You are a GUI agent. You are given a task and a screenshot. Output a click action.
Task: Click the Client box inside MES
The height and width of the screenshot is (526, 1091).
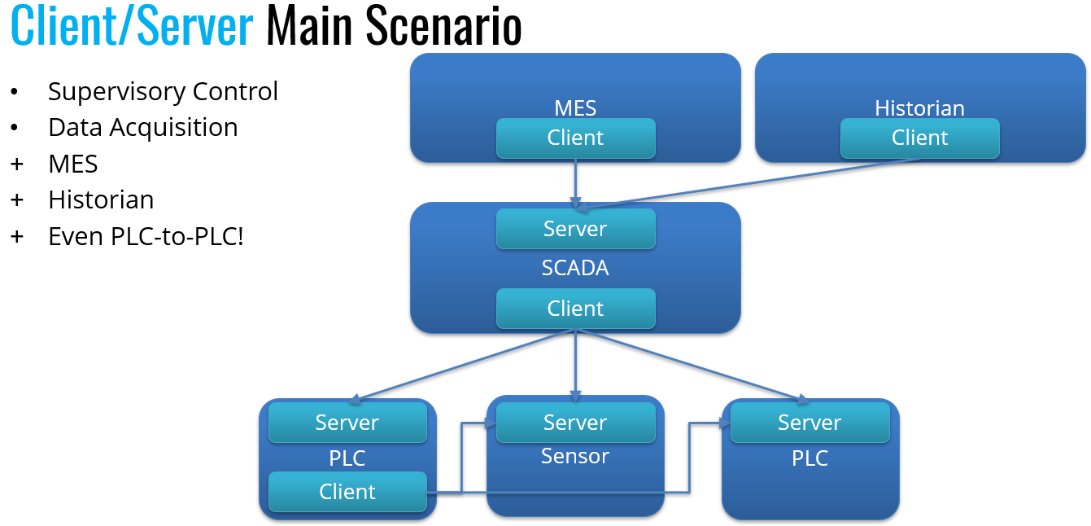tap(575, 138)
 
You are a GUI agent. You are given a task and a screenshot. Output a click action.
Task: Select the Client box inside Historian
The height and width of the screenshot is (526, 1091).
tap(919, 138)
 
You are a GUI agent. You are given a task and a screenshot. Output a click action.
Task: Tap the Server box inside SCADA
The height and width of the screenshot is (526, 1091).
tap(575, 229)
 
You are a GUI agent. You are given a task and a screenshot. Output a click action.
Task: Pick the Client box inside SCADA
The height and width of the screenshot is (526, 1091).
tap(575, 309)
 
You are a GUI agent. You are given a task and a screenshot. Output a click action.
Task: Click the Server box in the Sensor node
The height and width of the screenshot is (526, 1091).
tap(575, 423)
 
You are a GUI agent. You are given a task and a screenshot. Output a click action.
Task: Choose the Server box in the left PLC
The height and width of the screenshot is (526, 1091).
tap(347, 423)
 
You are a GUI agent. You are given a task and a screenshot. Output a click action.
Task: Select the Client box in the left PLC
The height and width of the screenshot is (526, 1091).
tap(347, 492)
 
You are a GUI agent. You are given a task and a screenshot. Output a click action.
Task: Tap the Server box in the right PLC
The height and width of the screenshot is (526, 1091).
tap(810, 423)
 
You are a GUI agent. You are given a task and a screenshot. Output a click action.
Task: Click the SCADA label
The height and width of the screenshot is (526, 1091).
tap(575, 268)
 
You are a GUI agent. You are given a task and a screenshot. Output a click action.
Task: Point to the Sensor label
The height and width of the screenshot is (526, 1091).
tap(575, 456)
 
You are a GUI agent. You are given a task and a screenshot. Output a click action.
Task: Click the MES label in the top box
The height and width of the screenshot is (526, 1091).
tap(575, 108)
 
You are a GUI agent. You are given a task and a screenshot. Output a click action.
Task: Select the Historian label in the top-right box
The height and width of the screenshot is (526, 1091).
tap(919, 108)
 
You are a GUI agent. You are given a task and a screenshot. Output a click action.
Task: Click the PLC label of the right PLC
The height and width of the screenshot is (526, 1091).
tap(810, 458)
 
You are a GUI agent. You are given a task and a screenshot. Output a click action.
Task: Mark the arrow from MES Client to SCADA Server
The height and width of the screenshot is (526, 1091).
tap(575, 182)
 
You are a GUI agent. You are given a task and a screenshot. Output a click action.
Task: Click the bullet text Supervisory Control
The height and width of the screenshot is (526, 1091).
tap(163, 91)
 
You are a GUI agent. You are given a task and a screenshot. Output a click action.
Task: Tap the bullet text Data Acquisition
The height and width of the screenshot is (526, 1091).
tap(143, 128)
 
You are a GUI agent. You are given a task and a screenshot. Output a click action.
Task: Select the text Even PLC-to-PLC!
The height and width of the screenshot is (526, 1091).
tap(146, 237)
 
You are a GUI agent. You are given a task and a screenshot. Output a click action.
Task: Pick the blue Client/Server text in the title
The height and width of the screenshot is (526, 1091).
tap(133, 26)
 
